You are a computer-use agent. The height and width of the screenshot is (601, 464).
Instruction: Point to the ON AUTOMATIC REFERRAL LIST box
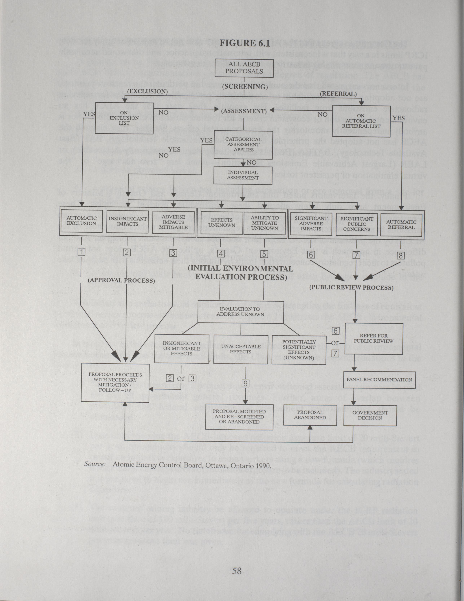tap(361, 121)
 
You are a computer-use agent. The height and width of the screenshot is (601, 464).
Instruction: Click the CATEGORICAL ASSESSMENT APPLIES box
tap(243, 145)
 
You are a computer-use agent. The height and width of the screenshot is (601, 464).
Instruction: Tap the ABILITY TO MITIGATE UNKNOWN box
tap(264, 223)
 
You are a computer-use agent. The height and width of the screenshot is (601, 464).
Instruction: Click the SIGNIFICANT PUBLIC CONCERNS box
tap(357, 224)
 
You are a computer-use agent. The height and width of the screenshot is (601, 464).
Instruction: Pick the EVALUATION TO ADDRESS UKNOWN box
tap(240, 312)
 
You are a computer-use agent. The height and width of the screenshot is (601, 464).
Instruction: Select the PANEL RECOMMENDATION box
tap(379, 380)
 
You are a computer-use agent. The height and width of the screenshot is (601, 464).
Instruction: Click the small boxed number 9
tap(246, 383)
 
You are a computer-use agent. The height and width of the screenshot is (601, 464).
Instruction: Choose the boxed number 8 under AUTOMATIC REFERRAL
tap(401, 255)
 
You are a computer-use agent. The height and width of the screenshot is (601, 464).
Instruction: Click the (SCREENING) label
tap(245, 87)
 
